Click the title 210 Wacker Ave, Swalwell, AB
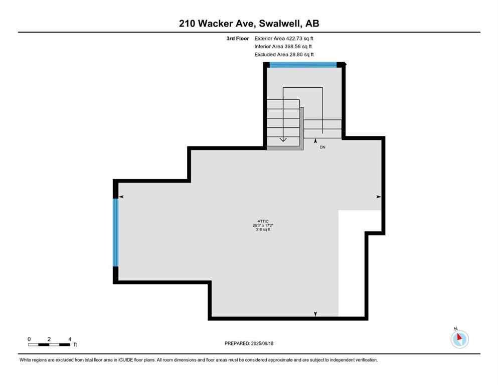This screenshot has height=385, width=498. (x=249, y=24)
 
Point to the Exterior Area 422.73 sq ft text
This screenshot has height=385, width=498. (x=284, y=38)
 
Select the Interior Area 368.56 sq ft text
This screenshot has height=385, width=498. (x=283, y=46)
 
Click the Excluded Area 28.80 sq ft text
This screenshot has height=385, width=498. (x=284, y=54)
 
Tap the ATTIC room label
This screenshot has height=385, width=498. (x=263, y=222)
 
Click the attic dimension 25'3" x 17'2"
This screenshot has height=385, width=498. (x=263, y=226)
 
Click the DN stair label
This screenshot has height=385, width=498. (x=322, y=147)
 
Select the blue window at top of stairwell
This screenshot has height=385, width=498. (x=303, y=64)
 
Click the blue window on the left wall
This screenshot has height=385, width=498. (x=116, y=232)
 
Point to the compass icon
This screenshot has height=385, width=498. (x=459, y=339)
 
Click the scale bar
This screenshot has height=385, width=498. (x=49, y=344)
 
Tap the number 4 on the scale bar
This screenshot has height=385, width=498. (x=69, y=339)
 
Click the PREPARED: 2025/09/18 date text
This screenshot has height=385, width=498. (x=249, y=343)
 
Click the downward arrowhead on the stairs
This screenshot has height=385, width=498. (x=283, y=139)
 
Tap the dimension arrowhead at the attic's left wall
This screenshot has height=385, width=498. (x=121, y=197)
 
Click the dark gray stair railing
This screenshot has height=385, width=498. (x=302, y=129)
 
